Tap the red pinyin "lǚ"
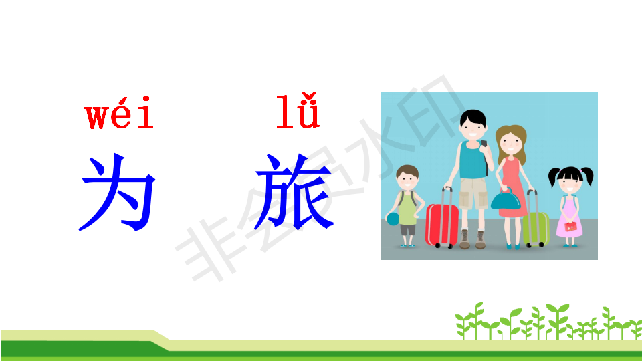298,111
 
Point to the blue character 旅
294,192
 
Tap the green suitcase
536,229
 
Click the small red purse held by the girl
570,226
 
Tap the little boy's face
407,179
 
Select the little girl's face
570,185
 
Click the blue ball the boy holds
393,219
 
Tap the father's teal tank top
473,160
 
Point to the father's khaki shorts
473,193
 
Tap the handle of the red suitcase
447,196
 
